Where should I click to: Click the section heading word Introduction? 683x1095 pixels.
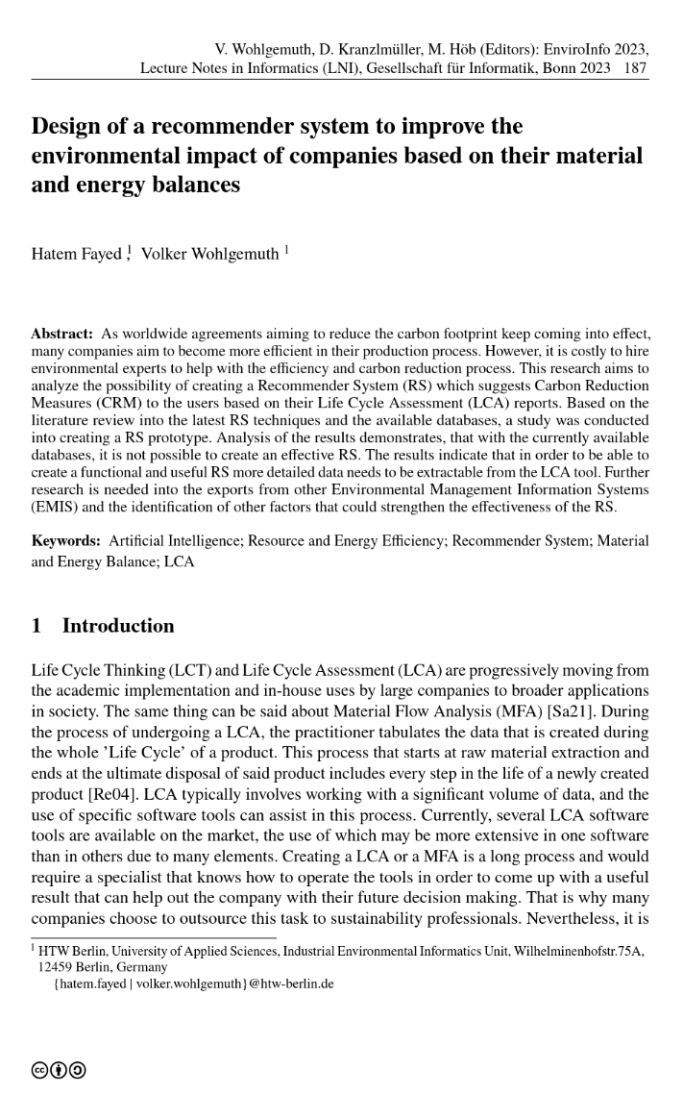[x=118, y=626]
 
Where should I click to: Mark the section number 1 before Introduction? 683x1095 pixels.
[x=37, y=626]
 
